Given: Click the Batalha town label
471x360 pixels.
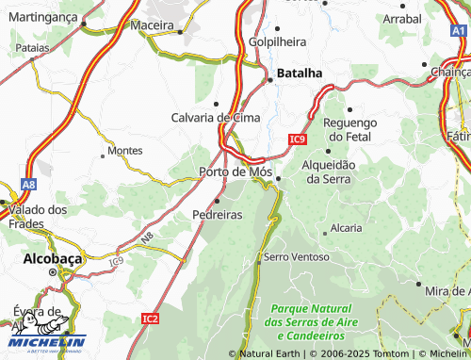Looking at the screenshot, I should click(x=300, y=73).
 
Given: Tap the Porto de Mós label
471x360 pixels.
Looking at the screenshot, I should click(x=235, y=172).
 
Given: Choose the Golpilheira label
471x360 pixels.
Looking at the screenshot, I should click(x=279, y=42).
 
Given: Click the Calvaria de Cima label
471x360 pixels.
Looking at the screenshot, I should click(x=215, y=117).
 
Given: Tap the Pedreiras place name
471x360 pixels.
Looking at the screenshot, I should click(x=218, y=215).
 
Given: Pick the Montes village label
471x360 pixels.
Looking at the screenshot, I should click(x=125, y=151).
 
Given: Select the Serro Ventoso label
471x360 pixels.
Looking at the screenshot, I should click(x=297, y=256).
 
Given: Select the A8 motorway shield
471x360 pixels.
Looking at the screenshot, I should click(x=29, y=186).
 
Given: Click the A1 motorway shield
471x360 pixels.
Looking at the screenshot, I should click(x=459, y=32).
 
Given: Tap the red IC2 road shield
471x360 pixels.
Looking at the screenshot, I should click(x=151, y=319).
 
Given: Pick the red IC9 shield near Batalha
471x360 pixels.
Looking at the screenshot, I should click(x=298, y=139).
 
